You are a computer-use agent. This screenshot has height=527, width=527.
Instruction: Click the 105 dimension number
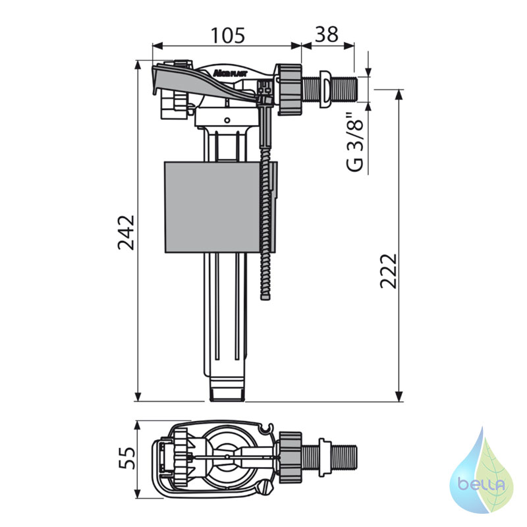click(227, 36)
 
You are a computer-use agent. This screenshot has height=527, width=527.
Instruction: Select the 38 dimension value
click(326, 34)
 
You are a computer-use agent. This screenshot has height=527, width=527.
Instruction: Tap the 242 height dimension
click(126, 233)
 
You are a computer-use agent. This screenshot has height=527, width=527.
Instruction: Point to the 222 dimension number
click(389, 271)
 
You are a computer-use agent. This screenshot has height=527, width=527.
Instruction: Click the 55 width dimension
click(126, 458)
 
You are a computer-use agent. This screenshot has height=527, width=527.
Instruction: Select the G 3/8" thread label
click(356, 142)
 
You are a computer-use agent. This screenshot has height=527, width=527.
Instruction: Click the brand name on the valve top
click(230, 72)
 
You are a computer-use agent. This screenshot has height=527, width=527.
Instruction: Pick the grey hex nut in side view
click(290, 89)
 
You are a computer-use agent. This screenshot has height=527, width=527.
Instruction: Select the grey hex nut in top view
click(290, 457)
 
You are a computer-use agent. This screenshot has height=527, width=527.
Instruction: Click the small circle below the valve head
click(227, 120)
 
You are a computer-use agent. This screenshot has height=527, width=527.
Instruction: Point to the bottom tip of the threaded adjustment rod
click(265, 298)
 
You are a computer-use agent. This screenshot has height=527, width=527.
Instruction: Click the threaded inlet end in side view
click(346, 89)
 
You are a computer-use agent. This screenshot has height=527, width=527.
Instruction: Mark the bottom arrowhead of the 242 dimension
click(138, 397)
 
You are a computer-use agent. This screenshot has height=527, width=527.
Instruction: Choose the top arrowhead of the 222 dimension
click(399, 94)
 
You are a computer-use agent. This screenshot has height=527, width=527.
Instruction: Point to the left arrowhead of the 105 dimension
click(157, 45)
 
